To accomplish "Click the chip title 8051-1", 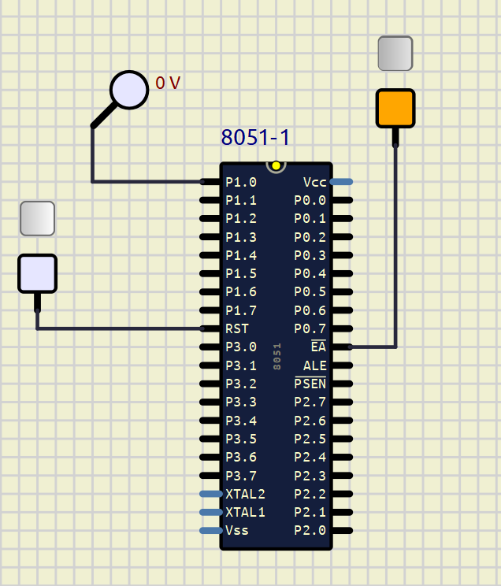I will (255, 137).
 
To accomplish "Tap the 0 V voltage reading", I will (168, 83).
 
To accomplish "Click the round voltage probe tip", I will (128, 90).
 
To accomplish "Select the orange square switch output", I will (395, 108).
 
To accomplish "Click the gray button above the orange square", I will (395, 54).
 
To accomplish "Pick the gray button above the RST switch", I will (37, 218).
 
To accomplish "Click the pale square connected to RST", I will (37, 273).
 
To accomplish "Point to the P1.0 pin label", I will (241, 182).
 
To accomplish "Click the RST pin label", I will (238, 328).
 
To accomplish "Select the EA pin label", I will (318, 347).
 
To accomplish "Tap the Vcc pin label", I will (315, 182).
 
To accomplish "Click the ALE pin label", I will (314, 365).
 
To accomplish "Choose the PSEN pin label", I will (310, 384).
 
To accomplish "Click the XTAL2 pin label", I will (245, 494).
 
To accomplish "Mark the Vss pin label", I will (237, 530).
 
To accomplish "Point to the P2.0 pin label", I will (310, 530).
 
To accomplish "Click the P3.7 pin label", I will (241, 475).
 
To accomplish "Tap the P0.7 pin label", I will (310, 328).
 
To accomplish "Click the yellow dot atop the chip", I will (276, 166).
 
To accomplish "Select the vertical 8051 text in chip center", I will (276, 356).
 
